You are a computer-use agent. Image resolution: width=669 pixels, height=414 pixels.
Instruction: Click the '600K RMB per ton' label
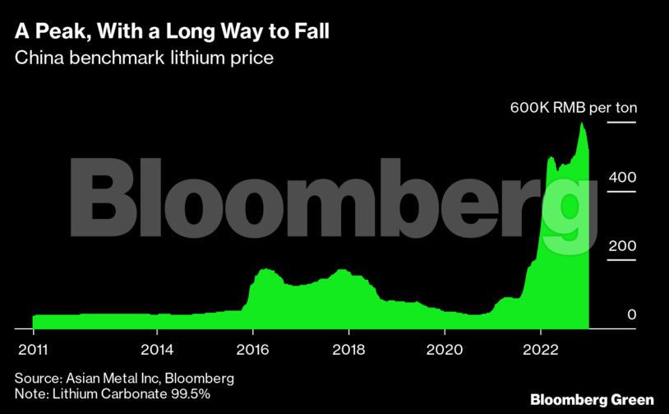(574, 108)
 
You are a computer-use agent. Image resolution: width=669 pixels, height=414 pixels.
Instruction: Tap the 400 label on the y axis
(622, 177)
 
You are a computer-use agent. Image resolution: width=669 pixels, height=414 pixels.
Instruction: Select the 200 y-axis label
(622, 246)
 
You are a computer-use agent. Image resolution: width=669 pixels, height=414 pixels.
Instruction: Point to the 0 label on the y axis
(631, 315)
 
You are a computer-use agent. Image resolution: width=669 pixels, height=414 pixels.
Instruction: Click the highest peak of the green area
(583, 123)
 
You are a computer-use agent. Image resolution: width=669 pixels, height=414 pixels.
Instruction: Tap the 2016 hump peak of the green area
(265, 269)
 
